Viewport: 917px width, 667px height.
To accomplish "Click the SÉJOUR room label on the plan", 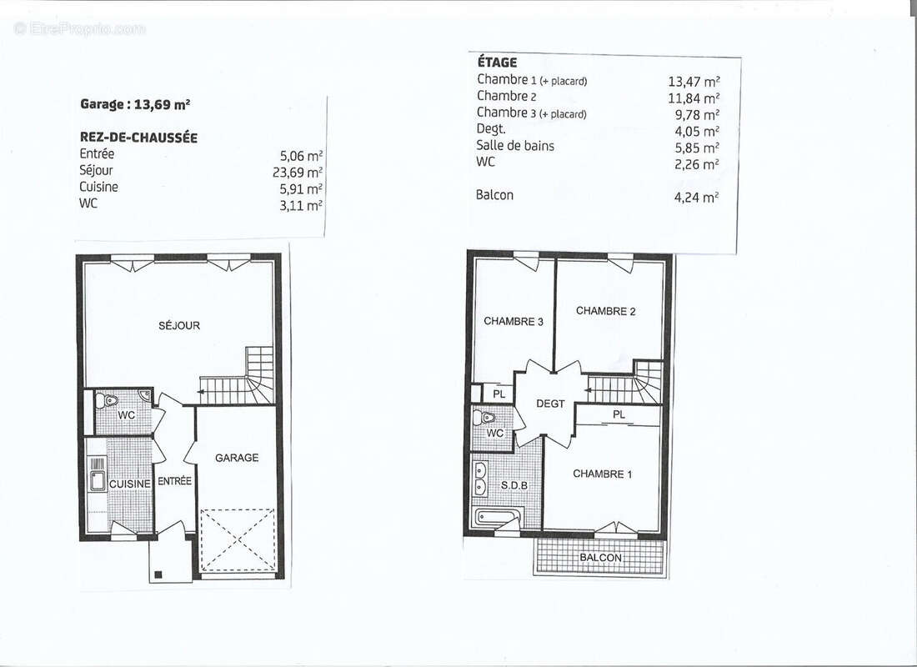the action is click(x=179, y=325).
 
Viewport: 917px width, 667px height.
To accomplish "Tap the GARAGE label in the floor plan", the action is click(x=237, y=458).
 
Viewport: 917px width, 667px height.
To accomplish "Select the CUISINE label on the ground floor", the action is click(x=130, y=484).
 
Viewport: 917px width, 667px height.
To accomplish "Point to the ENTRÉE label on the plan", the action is click(x=175, y=481).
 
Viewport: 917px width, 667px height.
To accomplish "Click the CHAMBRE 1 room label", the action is click(x=603, y=474).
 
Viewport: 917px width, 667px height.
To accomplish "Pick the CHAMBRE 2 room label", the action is click(x=606, y=311).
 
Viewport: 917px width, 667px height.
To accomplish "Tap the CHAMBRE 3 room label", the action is click(x=514, y=321).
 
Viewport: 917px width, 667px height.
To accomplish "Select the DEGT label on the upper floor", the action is click(x=550, y=404).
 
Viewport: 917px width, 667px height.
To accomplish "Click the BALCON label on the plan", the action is click(x=600, y=558).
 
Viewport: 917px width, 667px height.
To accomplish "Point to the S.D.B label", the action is click(x=514, y=485).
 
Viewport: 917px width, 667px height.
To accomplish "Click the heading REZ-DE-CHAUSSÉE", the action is click(x=138, y=138).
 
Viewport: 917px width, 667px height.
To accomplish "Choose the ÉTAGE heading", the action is click(x=498, y=62).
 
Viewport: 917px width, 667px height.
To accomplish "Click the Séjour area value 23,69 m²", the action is click(x=298, y=172).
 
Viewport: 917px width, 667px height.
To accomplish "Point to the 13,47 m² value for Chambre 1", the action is click(x=694, y=82).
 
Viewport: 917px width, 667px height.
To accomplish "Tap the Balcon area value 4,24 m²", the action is click(x=697, y=197).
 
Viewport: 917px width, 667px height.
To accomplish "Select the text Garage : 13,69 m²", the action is click(x=135, y=105).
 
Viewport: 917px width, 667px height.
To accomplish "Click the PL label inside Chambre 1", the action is click(x=619, y=414).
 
